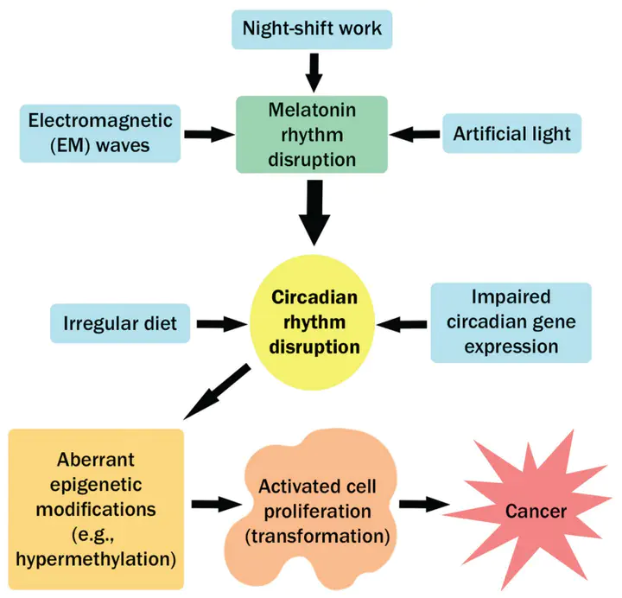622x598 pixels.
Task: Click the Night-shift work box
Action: (312, 29)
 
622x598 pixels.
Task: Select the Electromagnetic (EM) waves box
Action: (100, 133)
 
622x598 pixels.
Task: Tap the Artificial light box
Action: (511, 133)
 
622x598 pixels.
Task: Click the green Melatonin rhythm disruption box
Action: (312, 135)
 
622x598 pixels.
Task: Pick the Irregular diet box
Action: (120, 323)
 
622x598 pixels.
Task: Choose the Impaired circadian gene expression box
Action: (511, 322)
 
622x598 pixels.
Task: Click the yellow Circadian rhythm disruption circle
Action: (313, 322)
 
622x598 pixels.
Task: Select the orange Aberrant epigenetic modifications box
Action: (96, 509)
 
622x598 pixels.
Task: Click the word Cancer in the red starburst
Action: (536, 511)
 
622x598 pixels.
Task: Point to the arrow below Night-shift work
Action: (314, 73)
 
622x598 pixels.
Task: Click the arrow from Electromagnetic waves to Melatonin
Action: (209, 134)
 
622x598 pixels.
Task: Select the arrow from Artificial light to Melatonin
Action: (415, 135)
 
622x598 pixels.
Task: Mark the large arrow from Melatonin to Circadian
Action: (314, 213)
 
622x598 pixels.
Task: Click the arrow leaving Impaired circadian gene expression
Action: (402, 325)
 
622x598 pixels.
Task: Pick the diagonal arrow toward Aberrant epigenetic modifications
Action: (218, 391)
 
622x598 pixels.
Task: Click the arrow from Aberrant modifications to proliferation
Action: (217, 505)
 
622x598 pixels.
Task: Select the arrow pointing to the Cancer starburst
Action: (424, 505)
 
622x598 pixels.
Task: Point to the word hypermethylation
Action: (96, 559)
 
